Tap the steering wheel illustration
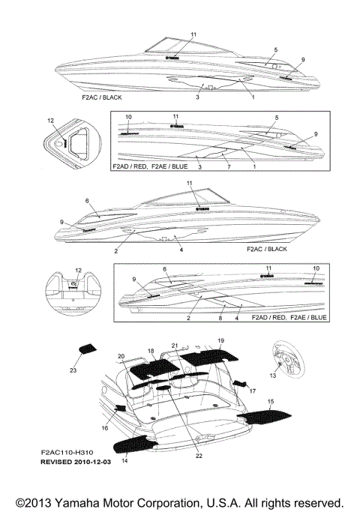[x=283, y=355]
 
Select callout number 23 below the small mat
[x=73, y=370]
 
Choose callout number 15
[x=271, y=403]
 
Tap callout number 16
[x=105, y=428]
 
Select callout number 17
[x=252, y=391]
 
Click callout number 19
[x=220, y=341]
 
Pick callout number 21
[x=174, y=346]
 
